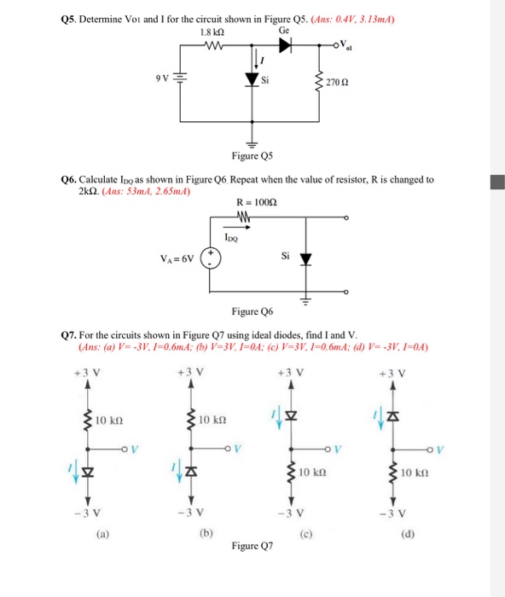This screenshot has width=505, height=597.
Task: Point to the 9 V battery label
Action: coord(162,79)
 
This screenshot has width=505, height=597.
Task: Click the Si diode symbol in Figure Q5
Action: coord(252,80)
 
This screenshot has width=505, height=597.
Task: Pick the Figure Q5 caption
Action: coord(252,157)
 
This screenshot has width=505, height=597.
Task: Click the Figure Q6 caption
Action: coord(252,313)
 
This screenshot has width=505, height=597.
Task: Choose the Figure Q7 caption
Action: coord(252,545)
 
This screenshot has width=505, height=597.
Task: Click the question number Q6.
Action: coord(70,180)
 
